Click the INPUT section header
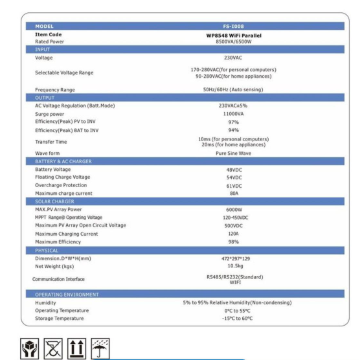point(43,49)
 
